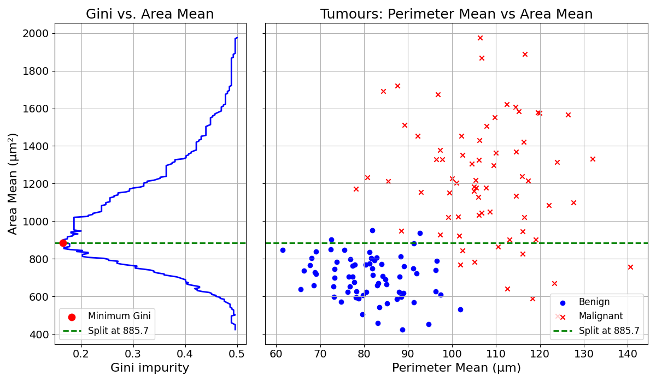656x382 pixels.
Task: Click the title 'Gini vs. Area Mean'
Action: [150, 14]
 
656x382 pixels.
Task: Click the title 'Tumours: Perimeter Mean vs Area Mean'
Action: [456, 14]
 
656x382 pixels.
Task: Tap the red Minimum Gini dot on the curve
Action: [63, 243]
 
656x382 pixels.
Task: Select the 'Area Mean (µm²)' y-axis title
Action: [13, 183]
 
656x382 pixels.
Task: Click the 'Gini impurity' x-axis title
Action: [150, 368]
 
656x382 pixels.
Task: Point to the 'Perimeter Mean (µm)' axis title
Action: [456, 368]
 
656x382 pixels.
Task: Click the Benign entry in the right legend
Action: [594, 302]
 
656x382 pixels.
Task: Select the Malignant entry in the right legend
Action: [600, 317]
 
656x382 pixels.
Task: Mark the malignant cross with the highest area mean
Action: [480, 38]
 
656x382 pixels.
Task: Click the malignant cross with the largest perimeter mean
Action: [630, 267]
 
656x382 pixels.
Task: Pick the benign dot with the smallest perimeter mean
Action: [283, 250]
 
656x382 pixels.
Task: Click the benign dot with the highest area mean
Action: [372, 230]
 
